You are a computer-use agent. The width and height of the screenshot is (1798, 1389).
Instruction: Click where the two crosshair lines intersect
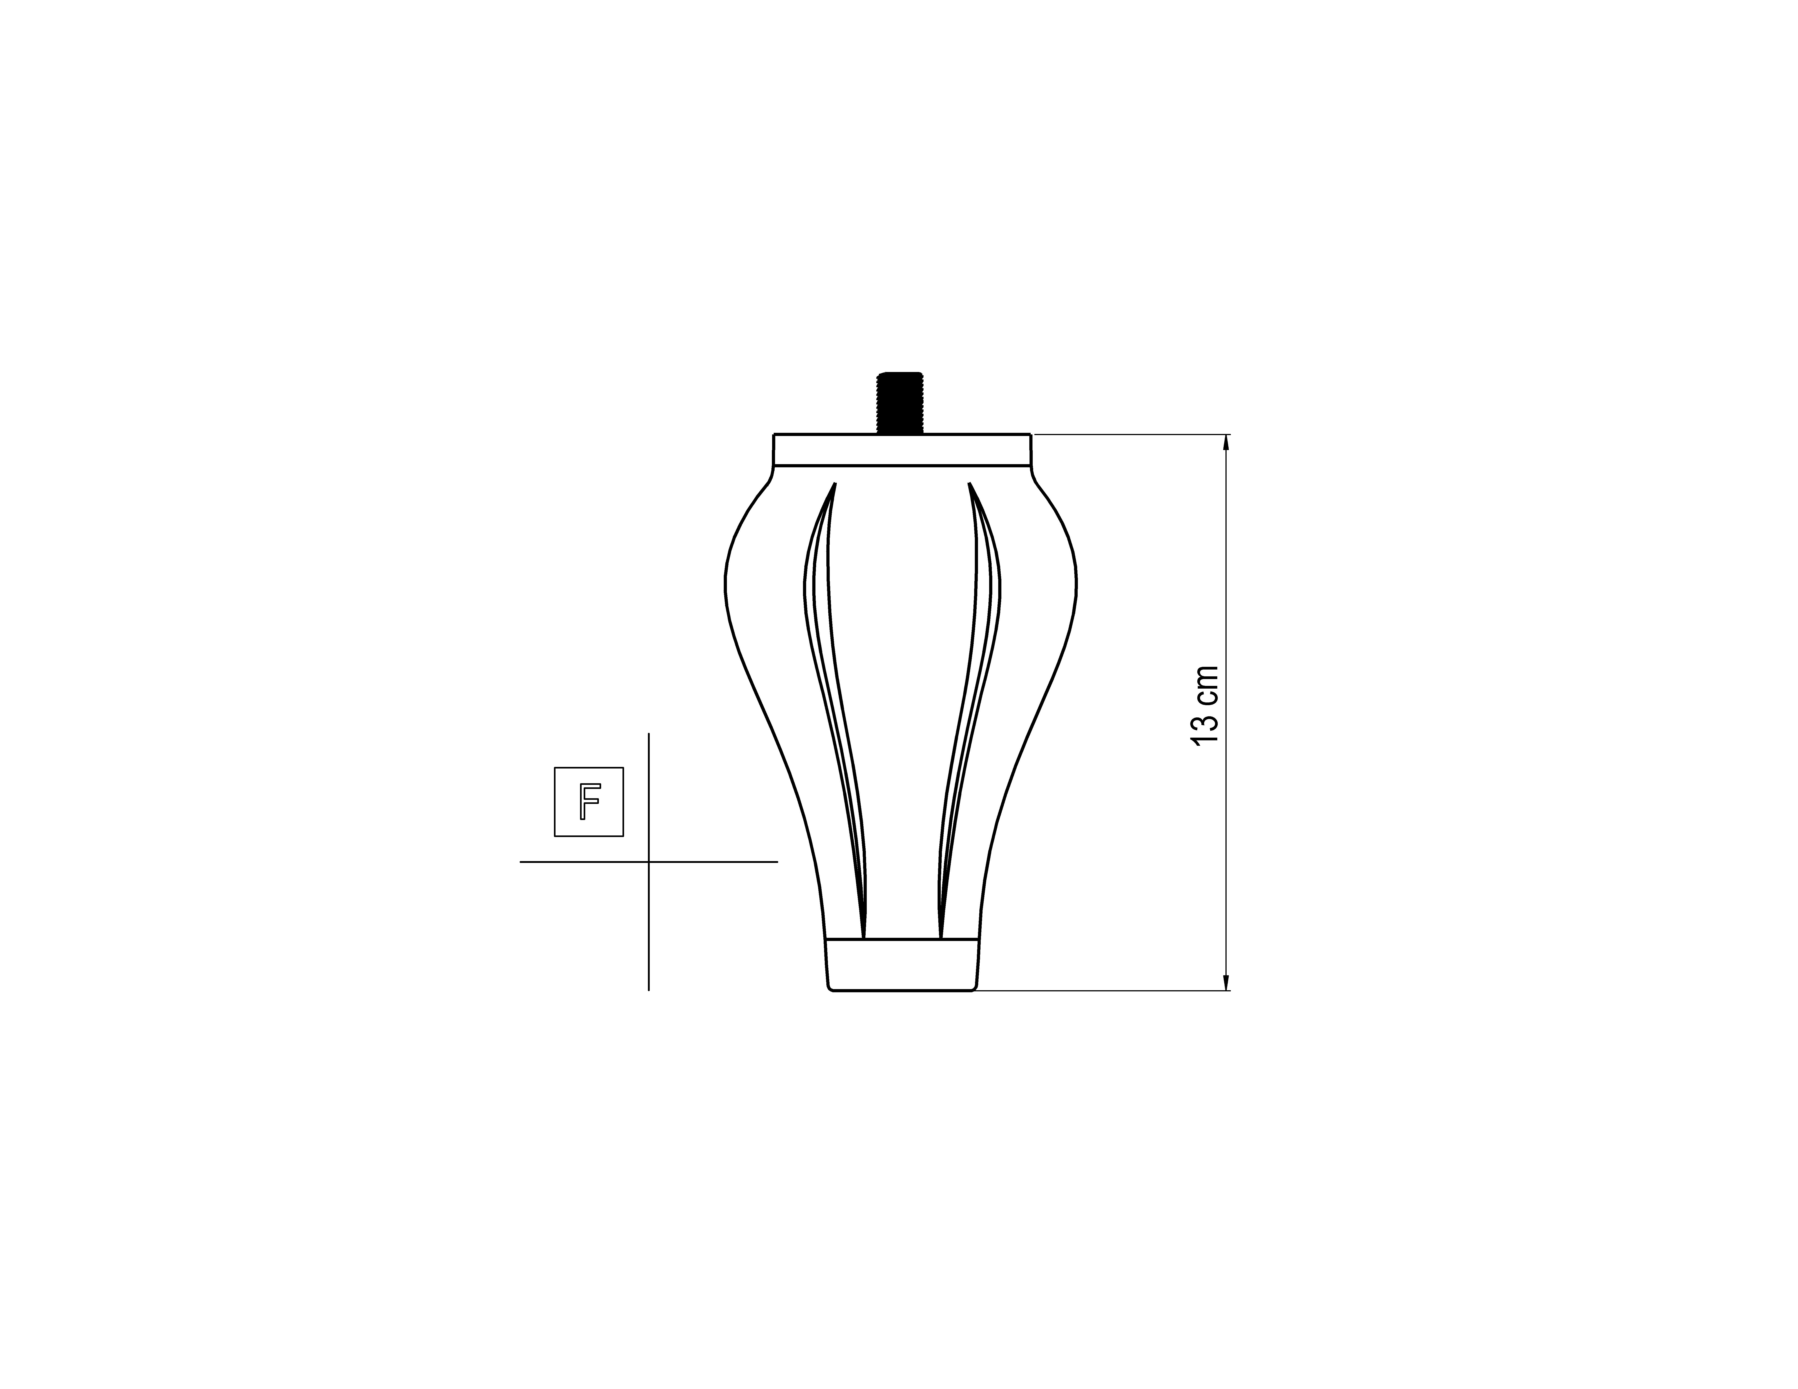coord(649,862)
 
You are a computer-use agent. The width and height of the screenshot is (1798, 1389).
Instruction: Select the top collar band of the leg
coord(901,449)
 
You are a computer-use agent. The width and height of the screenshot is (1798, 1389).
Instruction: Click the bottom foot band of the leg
coord(901,964)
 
